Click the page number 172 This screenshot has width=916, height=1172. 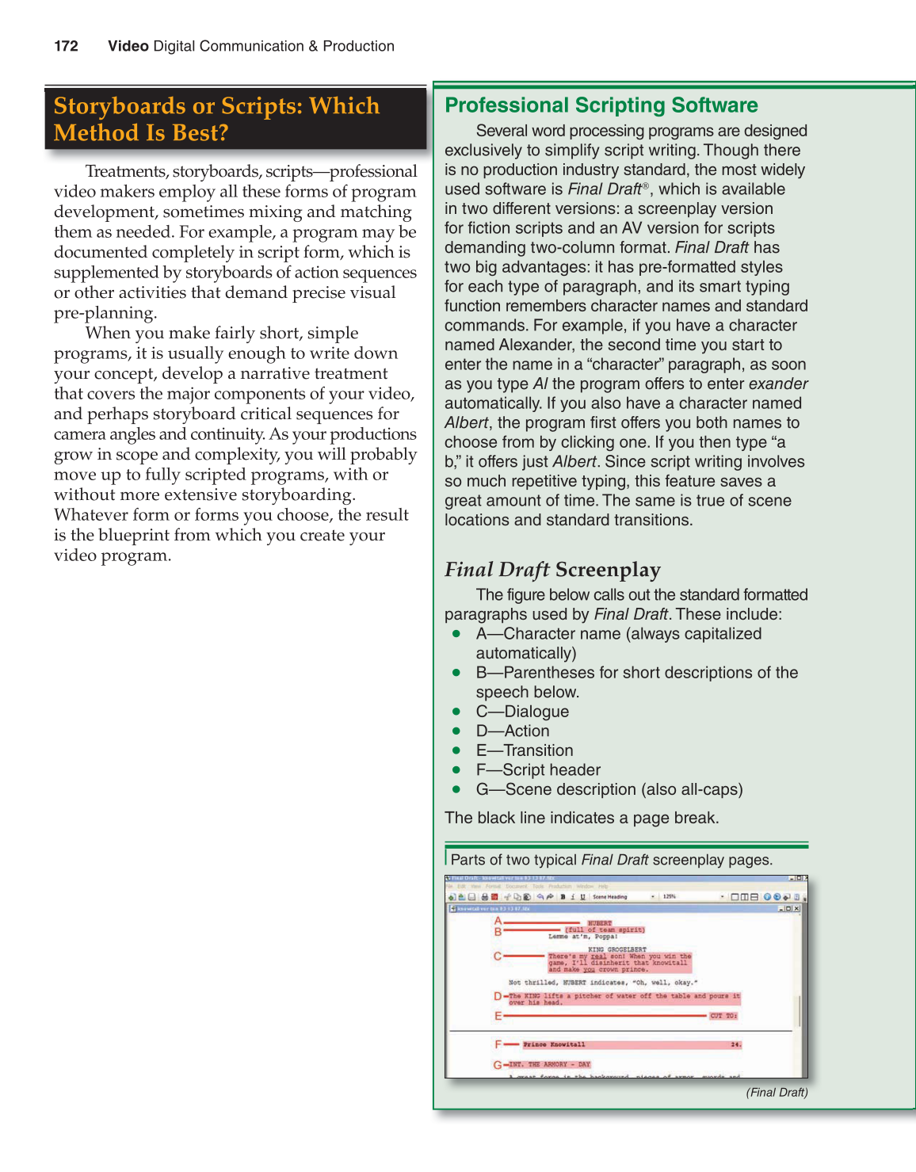(x=66, y=46)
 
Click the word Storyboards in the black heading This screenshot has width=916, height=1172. (x=120, y=106)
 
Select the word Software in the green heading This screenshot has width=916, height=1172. (x=715, y=105)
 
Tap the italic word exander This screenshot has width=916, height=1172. (x=778, y=384)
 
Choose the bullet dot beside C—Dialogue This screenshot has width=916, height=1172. (x=456, y=712)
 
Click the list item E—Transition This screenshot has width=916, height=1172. (x=524, y=750)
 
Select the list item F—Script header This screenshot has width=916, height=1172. (x=538, y=770)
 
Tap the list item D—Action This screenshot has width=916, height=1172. (x=512, y=731)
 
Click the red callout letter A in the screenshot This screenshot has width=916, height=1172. (x=498, y=922)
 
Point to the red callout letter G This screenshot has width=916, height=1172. (x=498, y=1065)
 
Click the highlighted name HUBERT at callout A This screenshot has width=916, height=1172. (x=600, y=923)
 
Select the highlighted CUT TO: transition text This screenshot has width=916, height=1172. (x=723, y=1016)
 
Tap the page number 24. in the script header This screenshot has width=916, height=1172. (x=736, y=1044)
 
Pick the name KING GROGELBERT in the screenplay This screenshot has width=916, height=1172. (x=617, y=949)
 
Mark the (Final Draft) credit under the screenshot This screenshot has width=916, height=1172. (x=777, y=1093)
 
